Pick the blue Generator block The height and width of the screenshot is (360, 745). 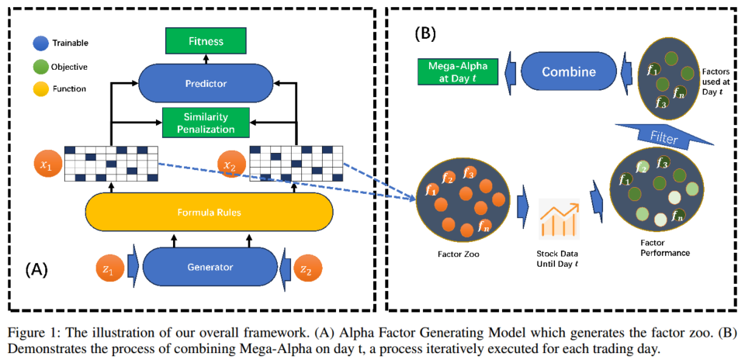point(210,267)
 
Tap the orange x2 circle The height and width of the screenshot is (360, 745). point(230,164)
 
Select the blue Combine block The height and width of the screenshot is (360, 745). point(570,72)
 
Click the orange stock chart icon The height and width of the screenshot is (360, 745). point(559,219)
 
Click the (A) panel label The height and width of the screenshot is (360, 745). point(36,268)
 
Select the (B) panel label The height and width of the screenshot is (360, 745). point(427,33)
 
